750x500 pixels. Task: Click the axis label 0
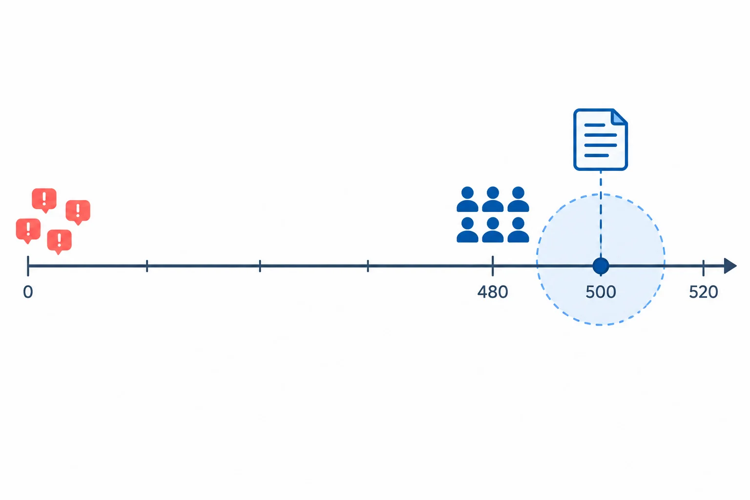28,292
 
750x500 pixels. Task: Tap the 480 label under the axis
493,292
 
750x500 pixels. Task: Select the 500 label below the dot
601,292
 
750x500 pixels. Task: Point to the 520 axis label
704,292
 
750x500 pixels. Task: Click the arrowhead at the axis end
730,266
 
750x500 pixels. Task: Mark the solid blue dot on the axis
601,266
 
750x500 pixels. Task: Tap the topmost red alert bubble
44,200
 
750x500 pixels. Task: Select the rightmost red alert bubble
78,212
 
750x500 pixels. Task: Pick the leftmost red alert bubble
28,230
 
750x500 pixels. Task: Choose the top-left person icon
467,199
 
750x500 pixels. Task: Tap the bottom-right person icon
518,230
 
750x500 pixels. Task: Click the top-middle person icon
493,199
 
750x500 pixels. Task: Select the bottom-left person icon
467,230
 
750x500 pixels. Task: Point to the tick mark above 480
493,266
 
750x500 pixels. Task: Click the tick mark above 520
704,268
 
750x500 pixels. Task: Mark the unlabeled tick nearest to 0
147,266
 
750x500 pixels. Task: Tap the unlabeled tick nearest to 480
368,266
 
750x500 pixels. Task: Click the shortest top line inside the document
595,125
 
